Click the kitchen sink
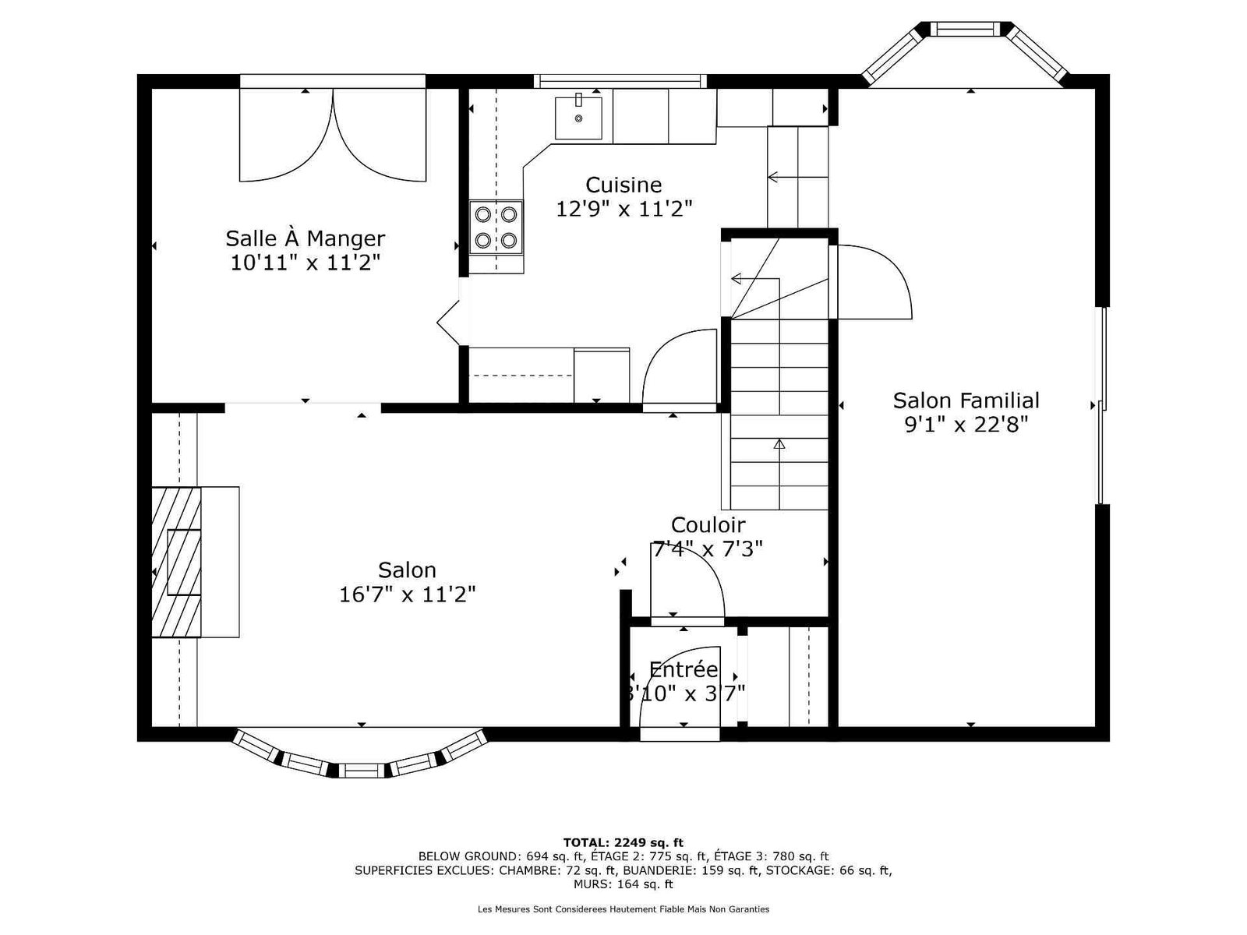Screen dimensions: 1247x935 (x=578, y=118)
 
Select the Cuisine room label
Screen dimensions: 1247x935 (x=623, y=185)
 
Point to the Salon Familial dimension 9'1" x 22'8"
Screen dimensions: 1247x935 (x=966, y=424)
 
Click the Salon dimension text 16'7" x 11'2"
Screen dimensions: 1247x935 (x=407, y=595)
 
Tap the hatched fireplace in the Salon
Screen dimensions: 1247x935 (x=176, y=562)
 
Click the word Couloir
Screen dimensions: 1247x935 (x=708, y=524)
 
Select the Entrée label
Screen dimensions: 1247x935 (x=684, y=670)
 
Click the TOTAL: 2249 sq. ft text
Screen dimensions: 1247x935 (x=623, y=842)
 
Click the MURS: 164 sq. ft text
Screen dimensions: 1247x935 (x=623, y=884)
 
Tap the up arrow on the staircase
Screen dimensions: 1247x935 (x=779, y=444)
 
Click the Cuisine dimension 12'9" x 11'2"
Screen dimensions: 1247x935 (x=623, y=209)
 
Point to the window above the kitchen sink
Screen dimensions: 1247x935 (x=620, y=81)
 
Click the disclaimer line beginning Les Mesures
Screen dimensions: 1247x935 (x=623, y=909)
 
